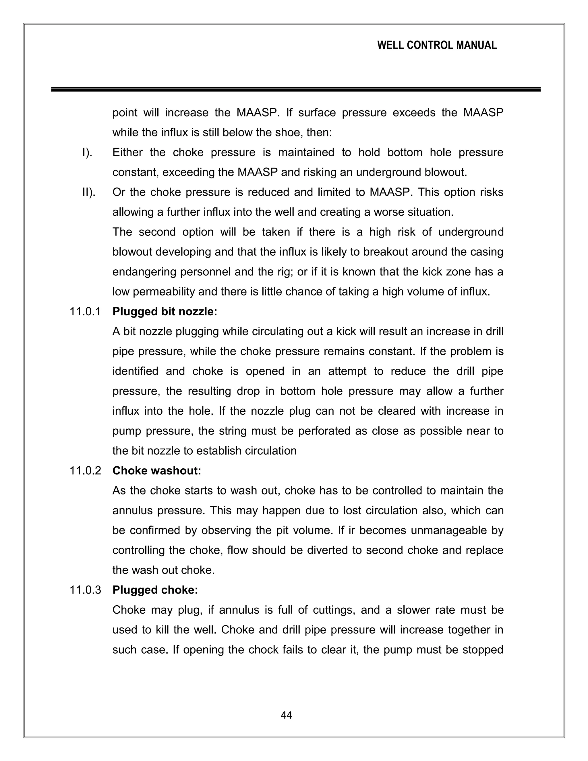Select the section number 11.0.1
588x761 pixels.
coord(85,312)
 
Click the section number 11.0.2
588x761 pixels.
coord(85,471)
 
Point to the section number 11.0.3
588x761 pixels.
coord(85,590)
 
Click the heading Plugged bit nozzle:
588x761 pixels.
coord(165,312)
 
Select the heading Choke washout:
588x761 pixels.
coord(157,471)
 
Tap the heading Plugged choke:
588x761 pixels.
coord(155,590)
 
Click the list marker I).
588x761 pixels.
coord(87,152)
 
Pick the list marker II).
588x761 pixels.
coord(88,192)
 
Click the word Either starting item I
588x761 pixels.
coord(127,152)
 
